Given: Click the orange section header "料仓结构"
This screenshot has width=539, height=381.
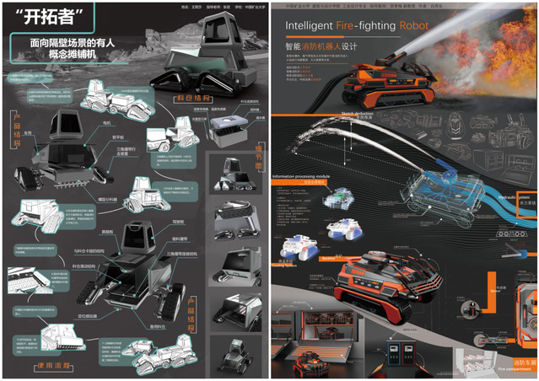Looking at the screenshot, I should pos(193,98).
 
